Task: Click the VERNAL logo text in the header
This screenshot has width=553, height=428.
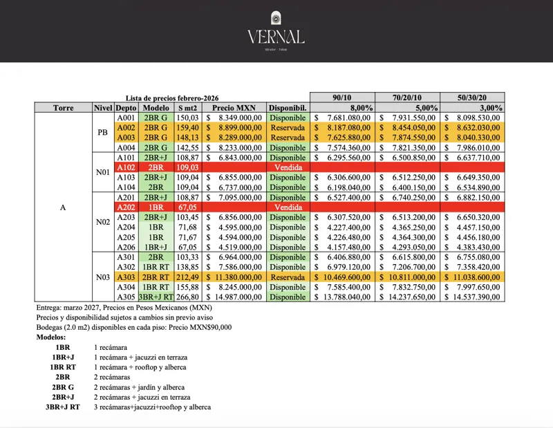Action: click(x=276, y=36)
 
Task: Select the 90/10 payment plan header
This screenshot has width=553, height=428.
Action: click(x=343, y=97)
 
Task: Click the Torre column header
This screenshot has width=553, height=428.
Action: click(x=63, y=108)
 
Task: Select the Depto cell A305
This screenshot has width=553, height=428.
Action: click(x=126, y=297)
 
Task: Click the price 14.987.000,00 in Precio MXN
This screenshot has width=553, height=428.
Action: click(x=237, y=297)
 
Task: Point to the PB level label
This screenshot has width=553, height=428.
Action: click(x=102, y=132)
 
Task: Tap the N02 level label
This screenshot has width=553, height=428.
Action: click(x=102, y=222)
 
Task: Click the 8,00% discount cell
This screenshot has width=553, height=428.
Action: click(x=362, y=108)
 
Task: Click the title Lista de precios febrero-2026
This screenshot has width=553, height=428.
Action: click(x=172, y=98)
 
